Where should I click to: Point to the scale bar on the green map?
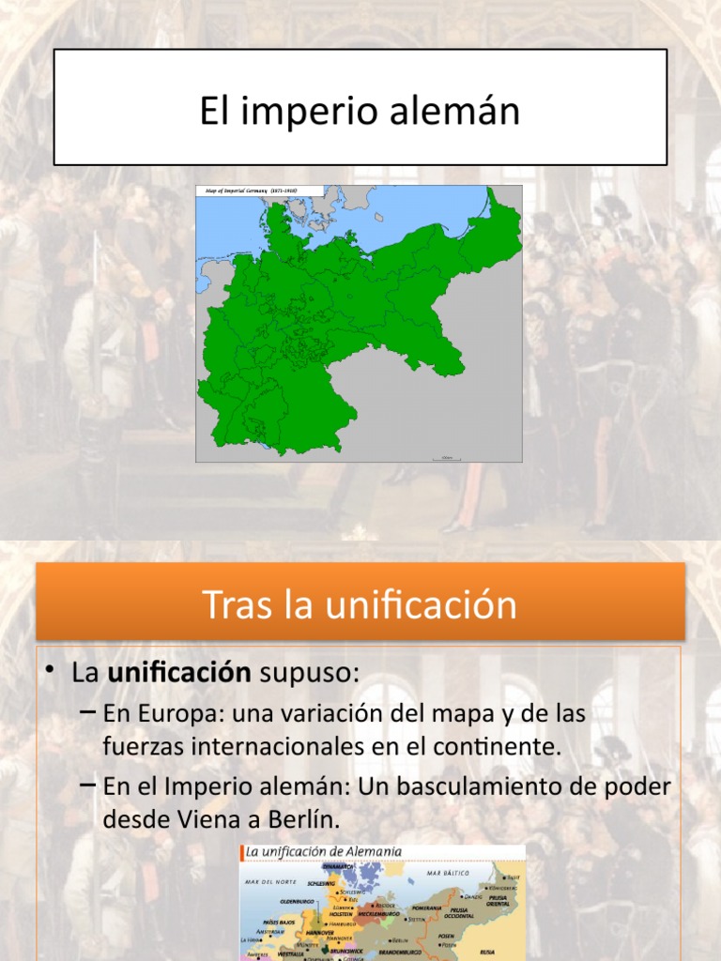(x=446, y=458)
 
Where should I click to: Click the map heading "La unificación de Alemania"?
(x=324, y=851)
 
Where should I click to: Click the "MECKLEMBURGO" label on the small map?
(x=377, y=913)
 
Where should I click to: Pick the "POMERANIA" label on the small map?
(x=425, y=908)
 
